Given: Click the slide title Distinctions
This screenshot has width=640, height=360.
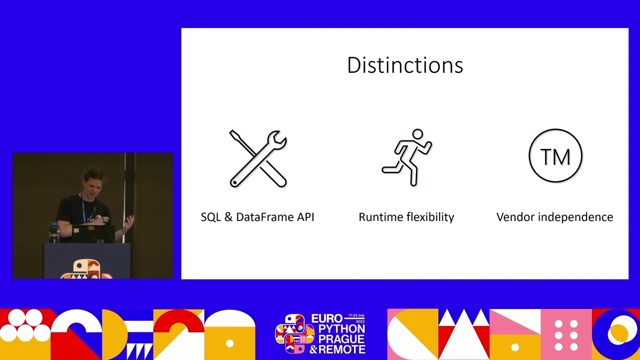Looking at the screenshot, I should click(405, 65).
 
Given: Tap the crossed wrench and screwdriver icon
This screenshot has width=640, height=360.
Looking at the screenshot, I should click(258, 158).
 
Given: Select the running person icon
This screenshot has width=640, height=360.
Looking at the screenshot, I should click(407, 157).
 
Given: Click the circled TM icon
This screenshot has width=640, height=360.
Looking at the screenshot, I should click(555, 156).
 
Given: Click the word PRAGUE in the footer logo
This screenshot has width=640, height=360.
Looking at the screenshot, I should click(341, 339).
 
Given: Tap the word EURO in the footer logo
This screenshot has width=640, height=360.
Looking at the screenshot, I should click(327, 319).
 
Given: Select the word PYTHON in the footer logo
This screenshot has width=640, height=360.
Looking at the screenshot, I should click(341, 329).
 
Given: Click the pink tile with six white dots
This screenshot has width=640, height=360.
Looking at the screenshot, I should click(566, 334).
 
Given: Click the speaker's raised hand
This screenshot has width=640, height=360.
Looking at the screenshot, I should click(128, 221).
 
